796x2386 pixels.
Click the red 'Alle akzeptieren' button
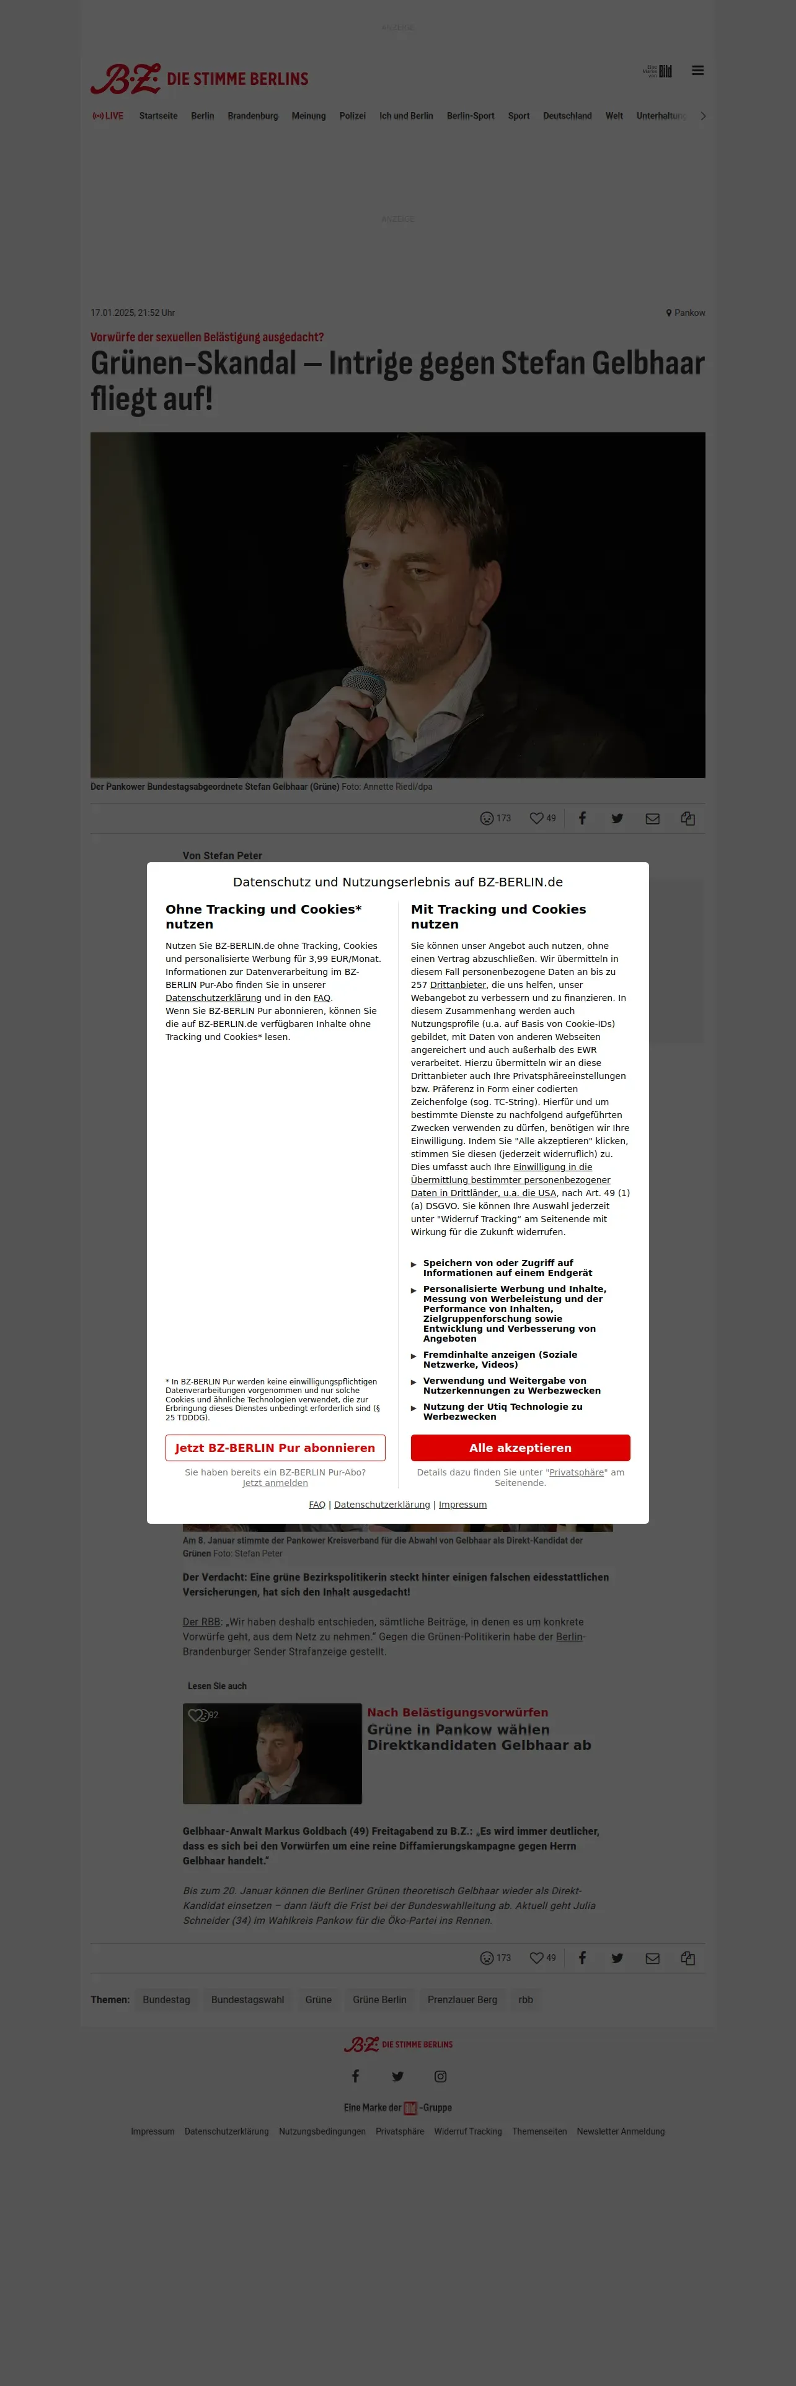pos(520,1448)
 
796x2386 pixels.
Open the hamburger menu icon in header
pos(698,71)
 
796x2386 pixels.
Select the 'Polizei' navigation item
pos(352,116)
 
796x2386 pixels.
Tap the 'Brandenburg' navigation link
pos(253,116)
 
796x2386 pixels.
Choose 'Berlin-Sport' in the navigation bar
pos(470,116)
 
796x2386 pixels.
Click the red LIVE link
pos(108,116)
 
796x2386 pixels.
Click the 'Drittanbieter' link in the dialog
pos(458,985)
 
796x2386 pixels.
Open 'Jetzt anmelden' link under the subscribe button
pos(275,1483)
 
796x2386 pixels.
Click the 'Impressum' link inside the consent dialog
pos(462,1504)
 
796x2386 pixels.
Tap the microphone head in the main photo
pos(364,690)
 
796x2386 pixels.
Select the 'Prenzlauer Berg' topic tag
pos(462,1999)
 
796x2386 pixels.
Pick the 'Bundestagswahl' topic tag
pos(247,1999)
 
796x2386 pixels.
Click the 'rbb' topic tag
pos(526,1999)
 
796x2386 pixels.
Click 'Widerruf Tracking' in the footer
pos(468,2131)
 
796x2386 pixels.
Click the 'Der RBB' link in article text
pos(201,1622)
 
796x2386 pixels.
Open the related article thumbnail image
pos(272,1754)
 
